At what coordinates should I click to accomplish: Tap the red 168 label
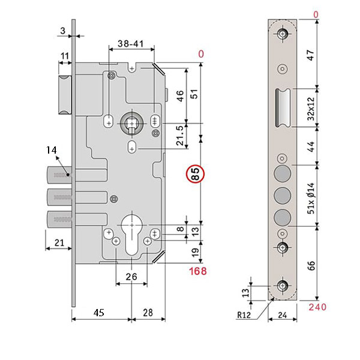click(x=197, y=271)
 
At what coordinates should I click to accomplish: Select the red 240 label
click(x=319, y=307)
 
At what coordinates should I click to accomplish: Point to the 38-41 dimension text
click(x=130, y=44)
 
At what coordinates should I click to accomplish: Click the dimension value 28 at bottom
click(x=149, y=312)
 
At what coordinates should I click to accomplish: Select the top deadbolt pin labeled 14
click(x=58, y=175)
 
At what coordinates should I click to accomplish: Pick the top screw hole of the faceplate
click(x=283, y=34)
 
